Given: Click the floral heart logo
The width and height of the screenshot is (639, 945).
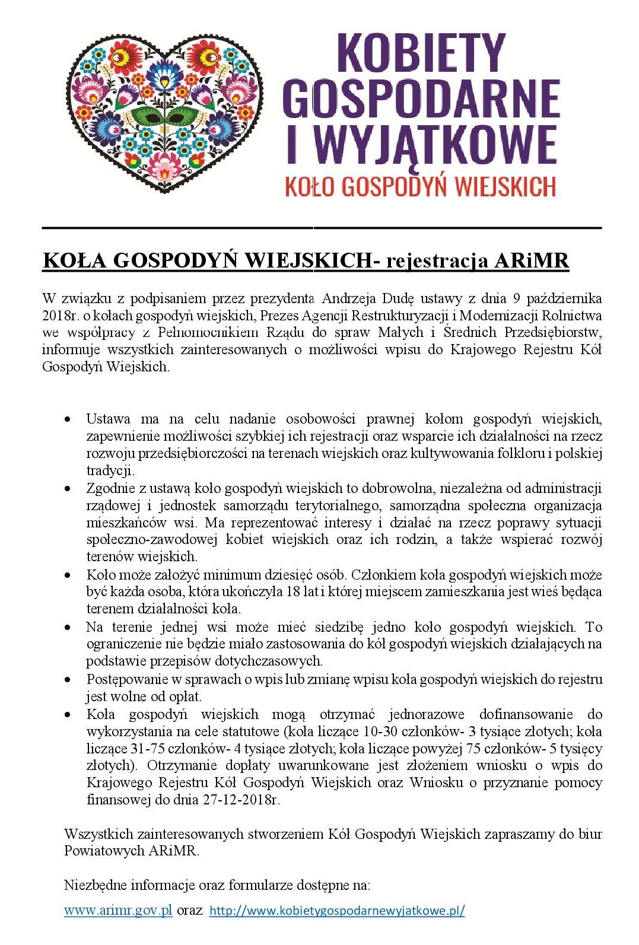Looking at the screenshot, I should coord(166,110).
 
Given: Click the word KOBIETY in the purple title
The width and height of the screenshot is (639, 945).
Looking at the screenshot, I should coord(421,53).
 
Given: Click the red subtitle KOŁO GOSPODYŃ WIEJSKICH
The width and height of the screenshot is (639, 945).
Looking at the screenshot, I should coord(420,187).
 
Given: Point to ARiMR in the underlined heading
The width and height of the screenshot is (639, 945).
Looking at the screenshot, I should coord(532,260).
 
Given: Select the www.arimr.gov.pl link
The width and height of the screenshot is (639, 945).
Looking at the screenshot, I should coord(118,910).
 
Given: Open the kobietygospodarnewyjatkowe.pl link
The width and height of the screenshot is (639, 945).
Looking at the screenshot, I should coord(337,911).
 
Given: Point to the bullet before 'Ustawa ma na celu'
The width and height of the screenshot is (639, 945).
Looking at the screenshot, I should coord(69,419).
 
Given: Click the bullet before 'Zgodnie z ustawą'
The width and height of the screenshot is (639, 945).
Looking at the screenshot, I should coord(69,489).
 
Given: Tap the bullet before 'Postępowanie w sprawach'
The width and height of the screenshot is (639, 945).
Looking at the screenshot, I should coord(69,680).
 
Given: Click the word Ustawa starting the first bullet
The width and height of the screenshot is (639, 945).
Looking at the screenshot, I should coord(108,419).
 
